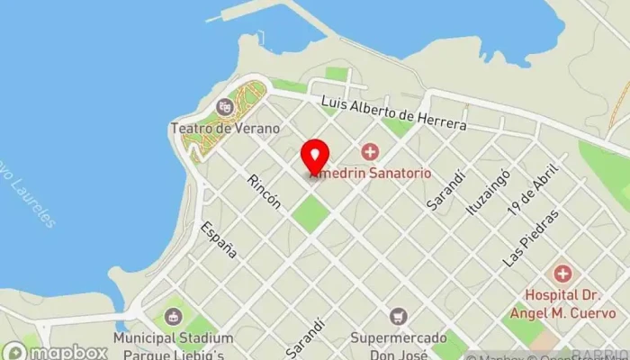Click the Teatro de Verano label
tap(219, 129)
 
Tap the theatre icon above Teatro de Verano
tap(225, 107)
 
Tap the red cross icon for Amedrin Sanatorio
tap(369, 151)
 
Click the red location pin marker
tap(313, 157)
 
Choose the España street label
tap(219, 239)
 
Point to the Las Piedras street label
tap(532, 238)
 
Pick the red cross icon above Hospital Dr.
tap(562, 273)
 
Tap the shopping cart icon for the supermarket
tap(398, 316)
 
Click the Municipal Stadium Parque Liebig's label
tap(173, 345)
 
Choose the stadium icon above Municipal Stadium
tap(173, 316)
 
